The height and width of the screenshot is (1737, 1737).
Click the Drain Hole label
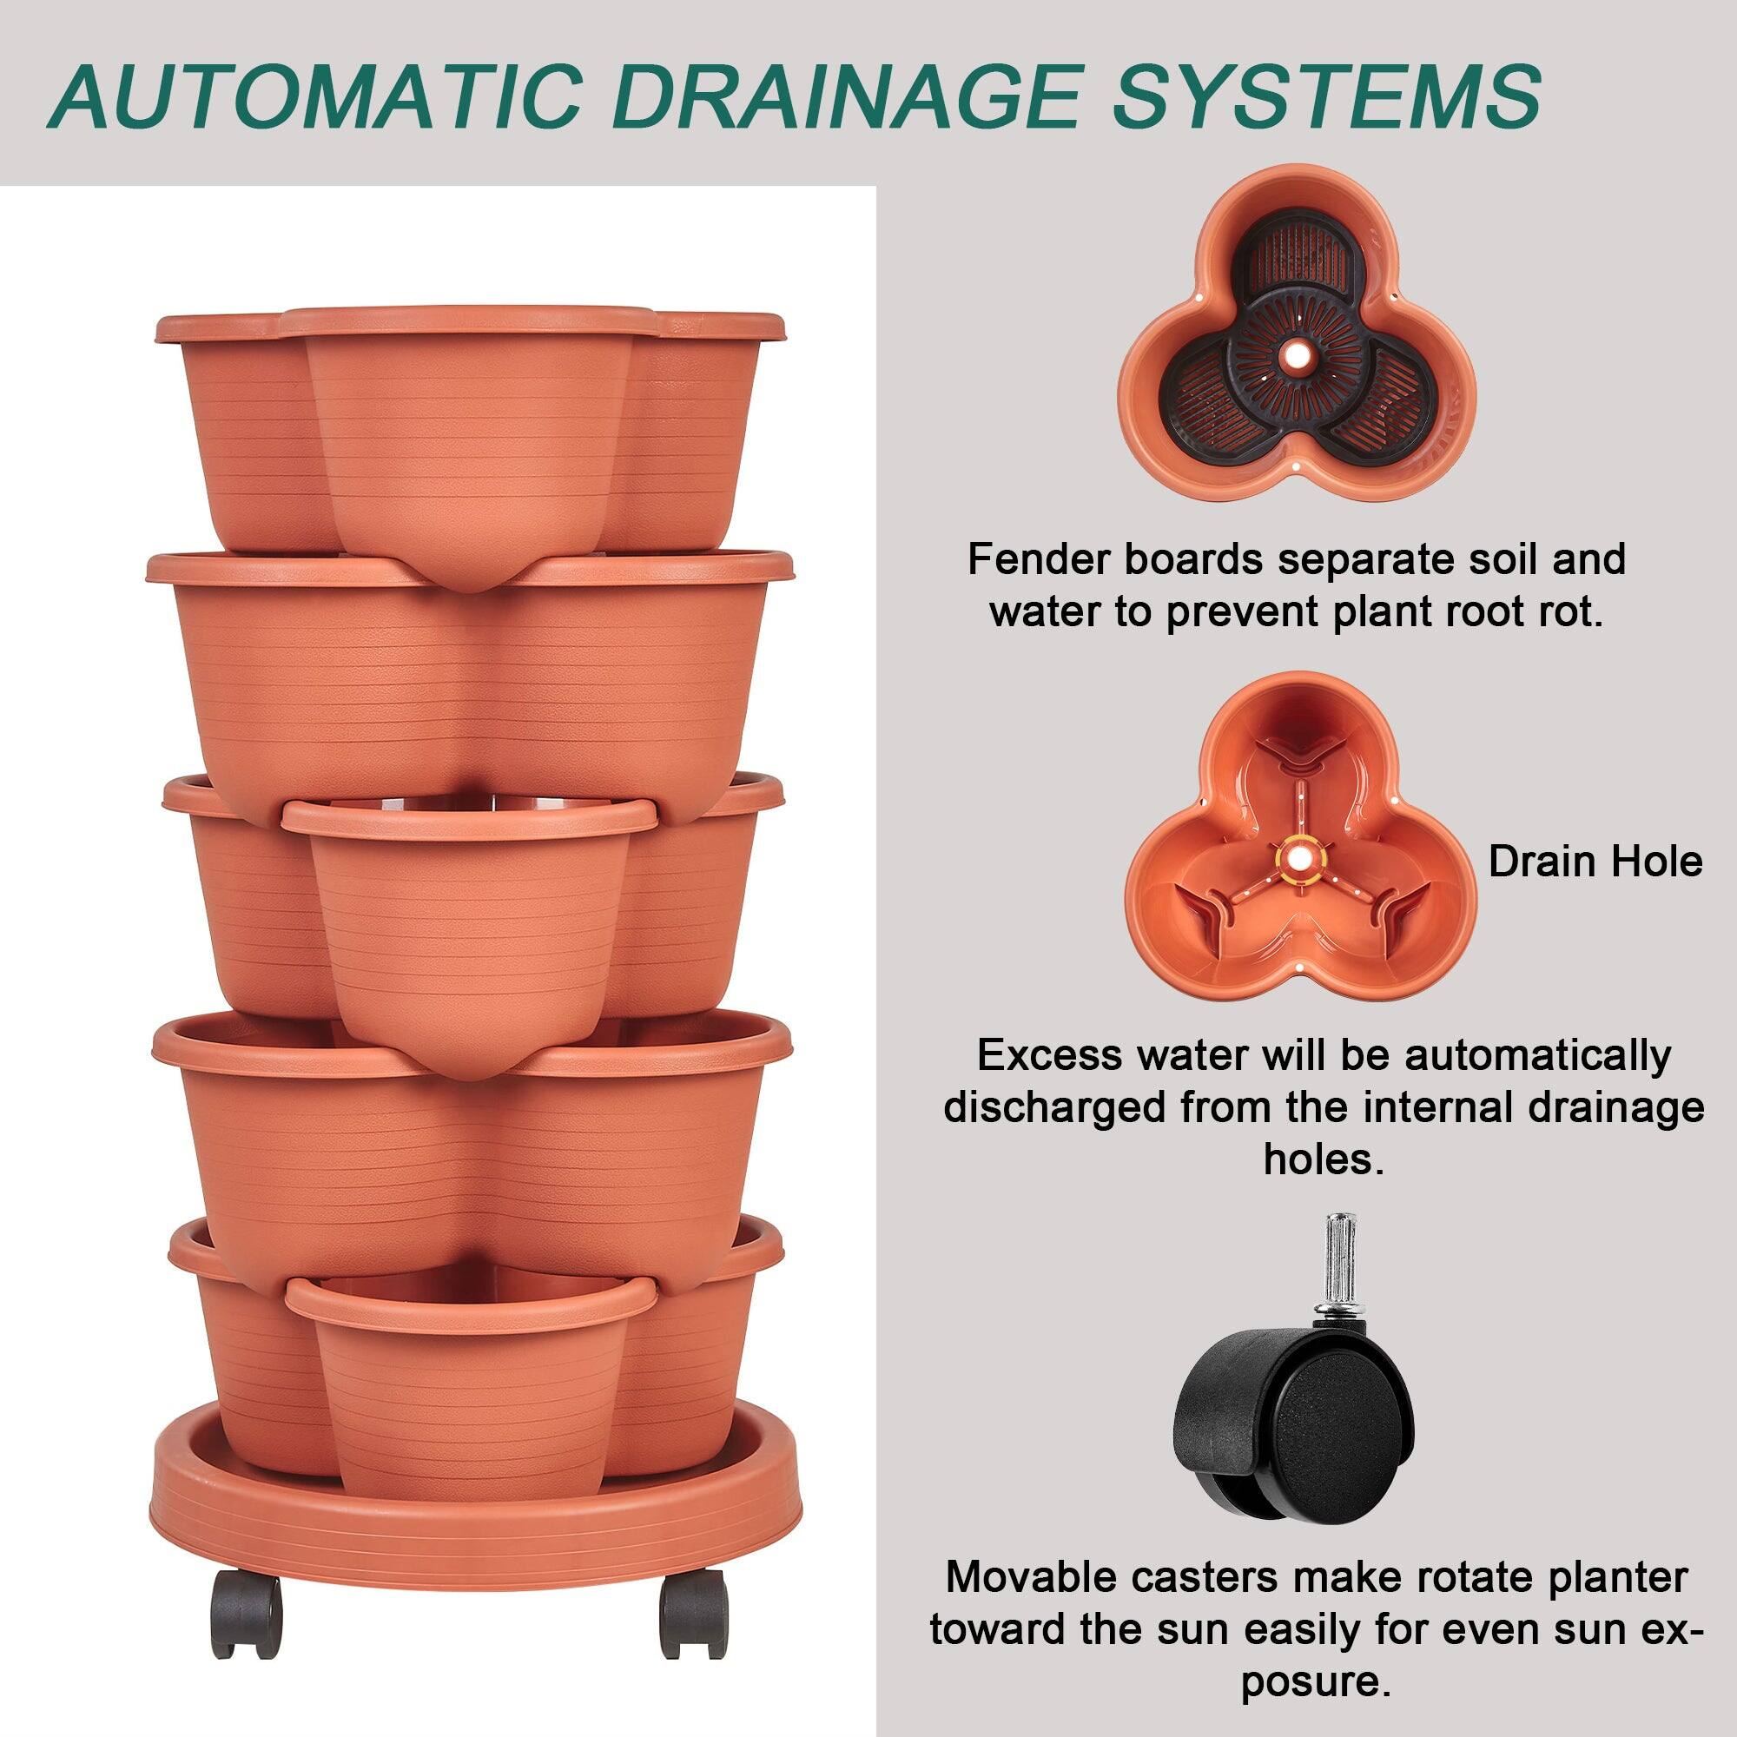(x=1595, y=862)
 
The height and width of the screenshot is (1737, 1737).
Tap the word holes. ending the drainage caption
(x=1323, y=1159)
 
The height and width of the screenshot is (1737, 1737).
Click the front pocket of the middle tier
(x=467, y=917)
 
